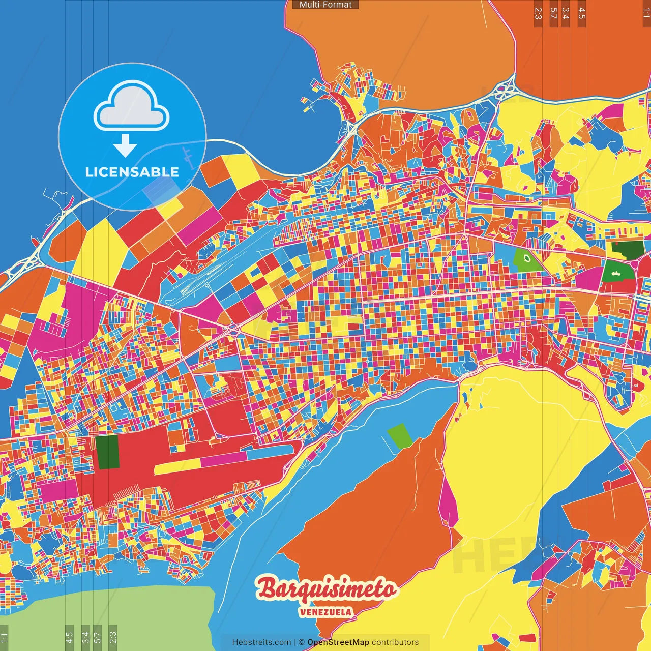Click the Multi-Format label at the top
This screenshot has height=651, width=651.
(x=325, y=5)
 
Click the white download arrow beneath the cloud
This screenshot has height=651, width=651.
(x=125, y=145)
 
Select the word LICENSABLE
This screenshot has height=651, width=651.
(x=132, y=172)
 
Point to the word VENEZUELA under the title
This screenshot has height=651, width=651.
(x=325, y=612)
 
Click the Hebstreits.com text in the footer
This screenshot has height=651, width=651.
(x=261, y=642)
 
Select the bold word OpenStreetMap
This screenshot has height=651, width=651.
(x=338, y=642)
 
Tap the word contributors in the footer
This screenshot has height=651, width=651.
(x=395, y=642)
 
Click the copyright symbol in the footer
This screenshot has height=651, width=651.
(x=302, y=642)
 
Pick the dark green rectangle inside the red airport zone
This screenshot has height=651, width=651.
(x=107, y=451)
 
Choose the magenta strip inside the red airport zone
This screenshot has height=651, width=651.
(x=224, y=459)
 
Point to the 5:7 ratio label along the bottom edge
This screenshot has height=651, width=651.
(x=98, y=636)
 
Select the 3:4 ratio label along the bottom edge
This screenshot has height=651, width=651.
(x=85, y=636)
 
